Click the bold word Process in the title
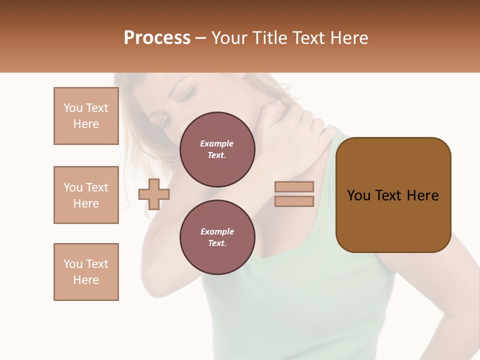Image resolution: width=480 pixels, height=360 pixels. (157, 38)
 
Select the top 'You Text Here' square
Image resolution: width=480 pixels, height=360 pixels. (86, 116)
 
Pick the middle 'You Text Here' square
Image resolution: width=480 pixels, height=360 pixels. (86, 195)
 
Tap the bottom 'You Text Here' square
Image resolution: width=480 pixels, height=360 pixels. (86, 272)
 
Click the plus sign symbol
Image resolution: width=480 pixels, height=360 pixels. (154, 194)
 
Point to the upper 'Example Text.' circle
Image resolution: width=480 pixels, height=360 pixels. (217, 149)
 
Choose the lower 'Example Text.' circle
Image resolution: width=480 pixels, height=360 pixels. (217, 237)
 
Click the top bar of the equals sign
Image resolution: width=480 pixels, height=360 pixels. (294, 186)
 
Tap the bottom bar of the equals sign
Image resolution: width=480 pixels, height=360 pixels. (294, 201)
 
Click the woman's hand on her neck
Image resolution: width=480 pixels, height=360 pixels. (290, 120)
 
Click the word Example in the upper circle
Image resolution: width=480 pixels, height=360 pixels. (217, 143)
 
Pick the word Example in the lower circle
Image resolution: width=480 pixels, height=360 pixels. (217, 231)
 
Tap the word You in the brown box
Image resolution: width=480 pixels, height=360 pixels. (358, 195)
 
